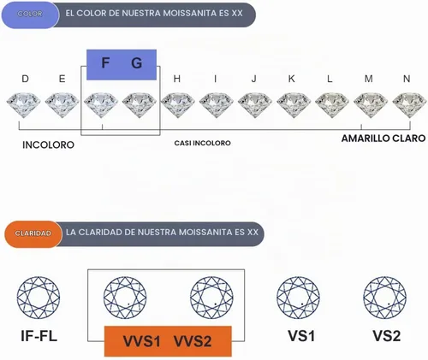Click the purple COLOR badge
[x=30, y=15]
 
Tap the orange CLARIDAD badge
[x=33, y=234]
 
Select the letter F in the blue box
[x=105, y=63]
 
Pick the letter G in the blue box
[x=137, y=63]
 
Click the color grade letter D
[x=25, y=79]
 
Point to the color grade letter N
[x=407, y=79]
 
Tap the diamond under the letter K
[x=294, y=105]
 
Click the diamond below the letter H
[x=178, y=105]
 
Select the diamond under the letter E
[x=62, y=105]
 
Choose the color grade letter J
[x=254, y=79]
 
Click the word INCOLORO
[x=48, y=145]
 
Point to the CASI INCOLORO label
[x=203, y=143]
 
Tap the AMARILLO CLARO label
[x=383, y=139]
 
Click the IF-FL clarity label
[x=39, y=336]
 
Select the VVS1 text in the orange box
[x=141, y=341]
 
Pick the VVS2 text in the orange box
[x=193, y=341]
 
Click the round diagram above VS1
[x=298, y=298]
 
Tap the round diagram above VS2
[x=385, y=298]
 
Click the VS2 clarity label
[x=387, y=336]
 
